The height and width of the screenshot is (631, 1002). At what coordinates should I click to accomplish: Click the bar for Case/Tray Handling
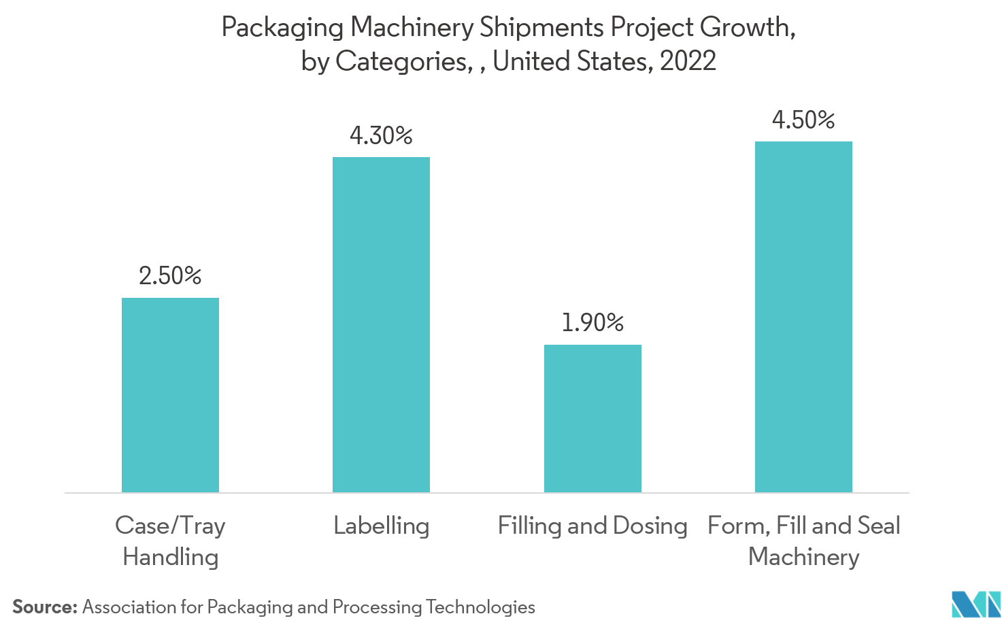click(170, 395)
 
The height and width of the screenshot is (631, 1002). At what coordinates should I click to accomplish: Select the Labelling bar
click(381, 325)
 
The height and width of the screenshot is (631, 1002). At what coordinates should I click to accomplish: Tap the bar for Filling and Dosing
click(592, 418)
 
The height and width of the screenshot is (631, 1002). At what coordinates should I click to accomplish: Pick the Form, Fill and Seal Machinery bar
click(803, 317)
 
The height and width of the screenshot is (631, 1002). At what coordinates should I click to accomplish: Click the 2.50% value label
click(170, 276)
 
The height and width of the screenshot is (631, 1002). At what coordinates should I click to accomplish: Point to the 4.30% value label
click(381, 136)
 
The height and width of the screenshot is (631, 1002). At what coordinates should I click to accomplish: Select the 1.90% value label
click(592, 323)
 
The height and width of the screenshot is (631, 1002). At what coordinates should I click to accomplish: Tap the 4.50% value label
click(803, 120)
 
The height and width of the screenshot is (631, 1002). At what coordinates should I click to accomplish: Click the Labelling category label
click(381, 526)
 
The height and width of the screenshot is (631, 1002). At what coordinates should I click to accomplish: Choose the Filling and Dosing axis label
click(592, 526)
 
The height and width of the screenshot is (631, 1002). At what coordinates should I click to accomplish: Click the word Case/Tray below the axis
click(170, 526)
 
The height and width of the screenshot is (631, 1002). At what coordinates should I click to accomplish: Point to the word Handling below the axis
click(170, 557)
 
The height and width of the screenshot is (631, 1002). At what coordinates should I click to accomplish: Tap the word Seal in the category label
click(879, 526)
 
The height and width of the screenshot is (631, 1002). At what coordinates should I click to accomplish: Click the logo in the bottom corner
click(976, 605)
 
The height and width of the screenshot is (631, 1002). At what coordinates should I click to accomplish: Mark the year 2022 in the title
click(688, 61)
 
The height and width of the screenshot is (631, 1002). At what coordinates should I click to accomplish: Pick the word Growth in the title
click(747, 28)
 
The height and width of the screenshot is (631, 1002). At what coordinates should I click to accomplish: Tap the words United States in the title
click(570, 61)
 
